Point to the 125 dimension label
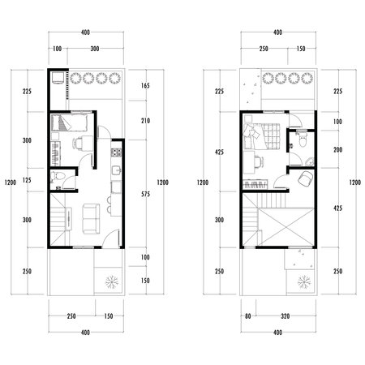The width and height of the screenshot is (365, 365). (x=27, y=179)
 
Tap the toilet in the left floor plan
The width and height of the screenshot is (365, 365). (x=55, y=178)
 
